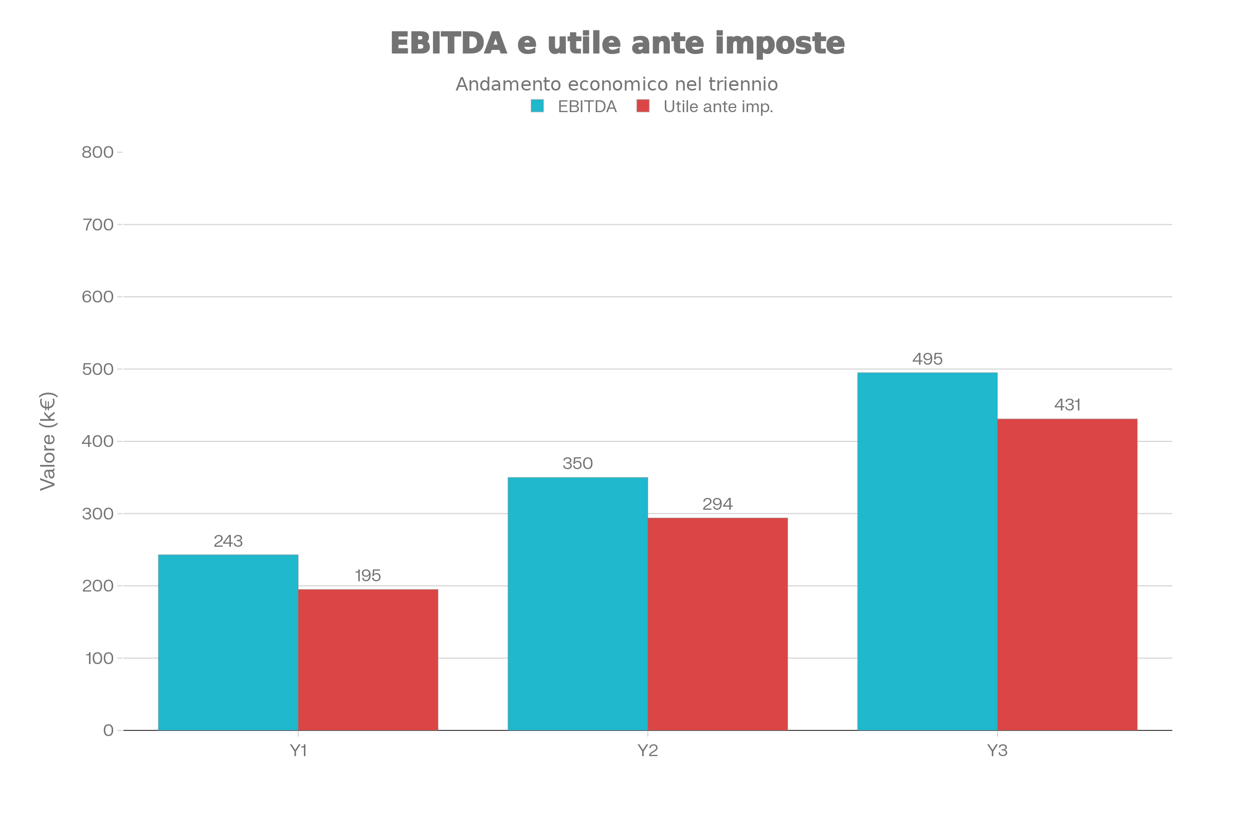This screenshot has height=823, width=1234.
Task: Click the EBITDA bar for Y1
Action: click(x=228, y=642)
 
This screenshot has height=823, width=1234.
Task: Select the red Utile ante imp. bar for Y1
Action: click(x=368, y=660)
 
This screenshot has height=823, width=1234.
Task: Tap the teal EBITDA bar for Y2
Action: click(x=577, y=603)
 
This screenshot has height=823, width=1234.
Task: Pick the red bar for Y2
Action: click(x=717, y=624)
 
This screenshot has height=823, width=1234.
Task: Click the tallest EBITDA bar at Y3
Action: click(x=927, y=551)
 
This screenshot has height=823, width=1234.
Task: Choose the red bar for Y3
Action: click(x=1067, y=574)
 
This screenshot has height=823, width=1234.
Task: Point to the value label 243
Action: click(x=228, y=541)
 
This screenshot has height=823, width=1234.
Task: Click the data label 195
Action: click(x=368, y=576)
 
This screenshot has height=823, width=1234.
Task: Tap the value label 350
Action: click(x=577, y=463)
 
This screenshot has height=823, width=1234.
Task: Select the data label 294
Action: click(x=717, y=505)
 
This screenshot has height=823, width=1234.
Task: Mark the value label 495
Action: click(x=927, y=359)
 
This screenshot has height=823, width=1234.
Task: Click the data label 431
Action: click(x=1067, y=405)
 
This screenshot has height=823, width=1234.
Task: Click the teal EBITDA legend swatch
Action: click(x=537, y=106)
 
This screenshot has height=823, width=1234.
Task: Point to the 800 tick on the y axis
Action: click(x=98, y=152)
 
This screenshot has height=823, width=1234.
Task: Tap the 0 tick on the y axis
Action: click(x=108, y=730)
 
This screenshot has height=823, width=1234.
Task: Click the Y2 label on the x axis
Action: click(x=647, y=751)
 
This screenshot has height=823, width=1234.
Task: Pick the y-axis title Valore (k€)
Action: click(x=48, y=441)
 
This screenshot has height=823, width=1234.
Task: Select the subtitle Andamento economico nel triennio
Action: click(x=616, y=84)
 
